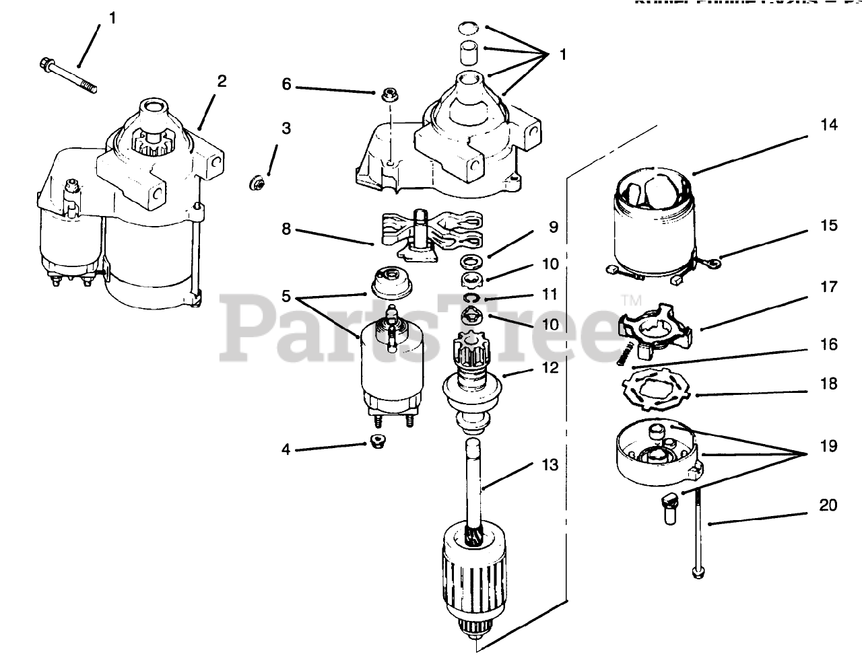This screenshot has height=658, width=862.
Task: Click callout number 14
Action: tap(828, 125)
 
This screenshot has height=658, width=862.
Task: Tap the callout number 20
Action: tap(828, 505)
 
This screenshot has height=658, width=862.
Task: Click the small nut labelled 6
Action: tap(387, 96)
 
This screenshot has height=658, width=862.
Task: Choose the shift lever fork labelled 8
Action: tap(431, 232)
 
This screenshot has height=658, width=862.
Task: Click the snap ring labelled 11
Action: tap(471, 298)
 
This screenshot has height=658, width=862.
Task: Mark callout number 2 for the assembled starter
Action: tap(222, 82)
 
